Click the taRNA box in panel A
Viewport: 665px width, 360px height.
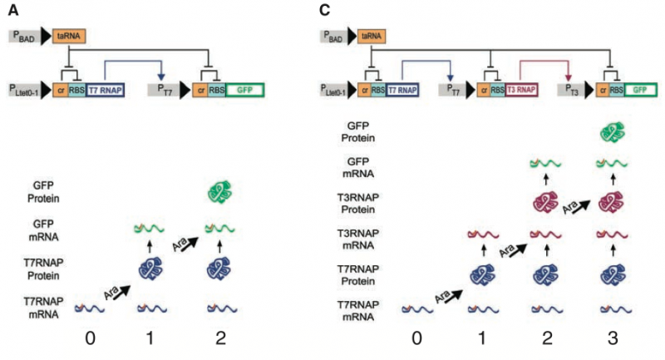(x=69, y=36)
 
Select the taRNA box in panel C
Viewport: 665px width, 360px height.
(x=372, y=37)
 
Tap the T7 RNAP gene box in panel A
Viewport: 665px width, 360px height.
(x=106, y=91)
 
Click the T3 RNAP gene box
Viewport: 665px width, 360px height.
(x=521, y=90)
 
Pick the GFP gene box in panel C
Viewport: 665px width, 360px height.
(x=640, y=90)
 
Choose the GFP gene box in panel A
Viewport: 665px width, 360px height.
(x=244, y=91)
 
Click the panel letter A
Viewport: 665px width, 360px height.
(x=13, y=10)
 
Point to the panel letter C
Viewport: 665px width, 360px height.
(x=324, y=10)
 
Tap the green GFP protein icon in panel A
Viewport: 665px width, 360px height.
(x=219, y=192)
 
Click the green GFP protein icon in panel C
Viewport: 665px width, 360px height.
(x=613, y=132)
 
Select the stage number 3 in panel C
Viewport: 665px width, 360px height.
(x=613, y=338)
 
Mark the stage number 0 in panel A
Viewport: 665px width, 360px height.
(x=90, y=338)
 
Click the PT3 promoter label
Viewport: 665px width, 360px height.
(x=570, y=90)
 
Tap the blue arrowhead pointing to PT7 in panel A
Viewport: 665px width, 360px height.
(x=160, y=76)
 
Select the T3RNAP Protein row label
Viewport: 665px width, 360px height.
(x=358, y=204)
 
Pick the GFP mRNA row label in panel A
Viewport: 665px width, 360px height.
(x=43, y=230)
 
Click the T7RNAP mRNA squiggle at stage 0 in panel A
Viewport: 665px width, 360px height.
(x=90, y=308)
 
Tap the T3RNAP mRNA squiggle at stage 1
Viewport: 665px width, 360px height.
(x=483, y=234)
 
